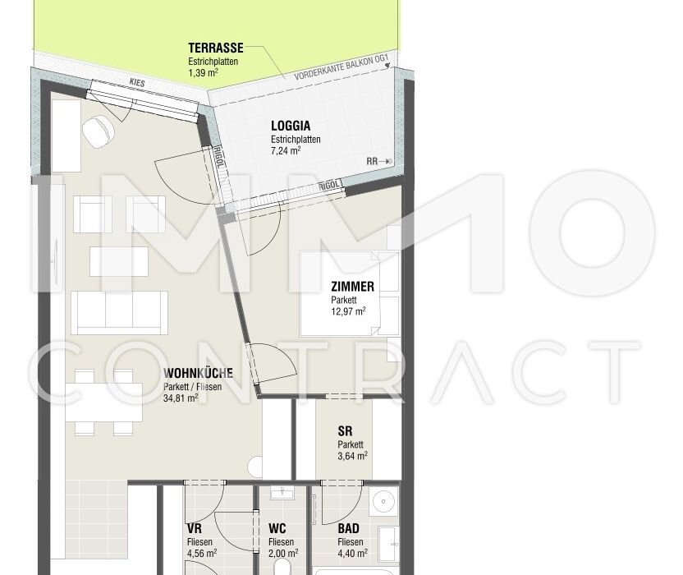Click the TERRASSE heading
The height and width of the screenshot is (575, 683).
tap(216, 48)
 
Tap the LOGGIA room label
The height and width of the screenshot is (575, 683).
tap(291, 126)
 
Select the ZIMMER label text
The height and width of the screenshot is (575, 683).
tap(352, 287)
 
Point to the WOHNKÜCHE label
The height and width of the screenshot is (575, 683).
tap(198, 373)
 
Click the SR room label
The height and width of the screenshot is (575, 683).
tap(345, 431)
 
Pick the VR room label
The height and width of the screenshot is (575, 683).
tap(195, 528)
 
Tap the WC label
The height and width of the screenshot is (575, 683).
tap(277, 528)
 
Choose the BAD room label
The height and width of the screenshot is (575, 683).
tap(348, 528)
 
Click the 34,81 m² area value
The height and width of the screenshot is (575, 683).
tap(181, 398)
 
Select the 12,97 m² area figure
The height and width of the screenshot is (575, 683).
tap(348, 311)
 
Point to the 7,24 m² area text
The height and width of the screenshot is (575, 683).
tap(286, 151)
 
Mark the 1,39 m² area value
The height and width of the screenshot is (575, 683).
tap(203, 72)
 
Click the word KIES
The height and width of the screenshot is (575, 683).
tap(137, 82)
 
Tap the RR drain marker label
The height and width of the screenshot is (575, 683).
tap(372, 161)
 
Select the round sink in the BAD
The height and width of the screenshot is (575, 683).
tap(383, 502)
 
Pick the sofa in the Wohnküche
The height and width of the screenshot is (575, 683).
tap(119, 313)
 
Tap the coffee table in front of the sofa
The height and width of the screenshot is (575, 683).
tap(119, 261)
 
